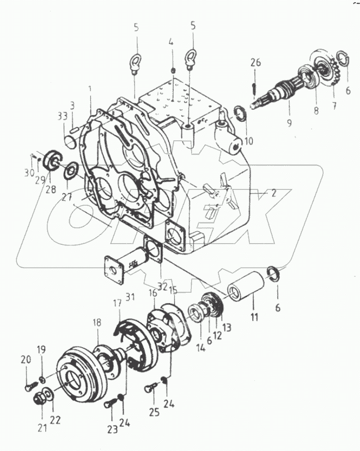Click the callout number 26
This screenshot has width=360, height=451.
click(x=256, y=63)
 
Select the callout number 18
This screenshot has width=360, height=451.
click(x=96, y=323)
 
